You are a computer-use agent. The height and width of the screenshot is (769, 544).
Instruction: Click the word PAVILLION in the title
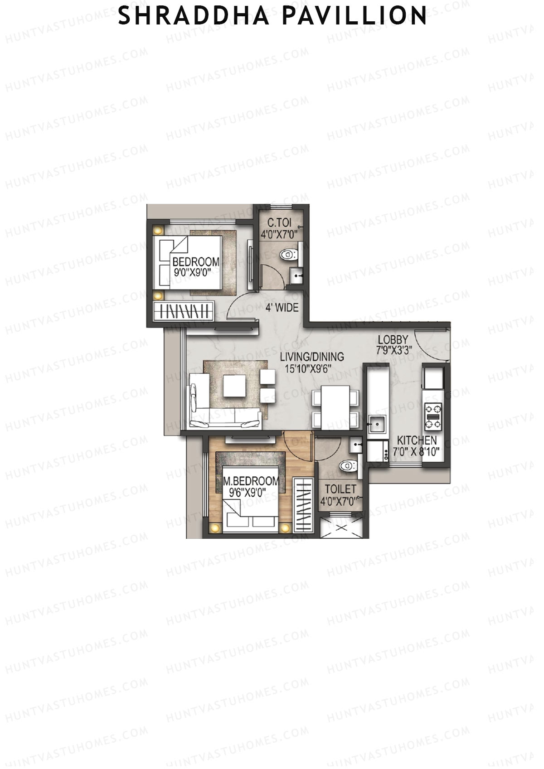[354, 16]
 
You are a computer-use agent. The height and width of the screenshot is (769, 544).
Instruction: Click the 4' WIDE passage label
[282, 308]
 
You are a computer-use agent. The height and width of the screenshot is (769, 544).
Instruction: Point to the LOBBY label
[393, 339]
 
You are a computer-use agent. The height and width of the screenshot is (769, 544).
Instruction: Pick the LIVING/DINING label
[311, 357]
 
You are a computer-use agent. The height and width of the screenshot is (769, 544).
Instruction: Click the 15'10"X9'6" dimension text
[308, 368]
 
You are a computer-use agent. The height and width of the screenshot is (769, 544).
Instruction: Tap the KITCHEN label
[417, 440]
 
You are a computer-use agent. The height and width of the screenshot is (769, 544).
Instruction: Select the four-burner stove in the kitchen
[433, 416]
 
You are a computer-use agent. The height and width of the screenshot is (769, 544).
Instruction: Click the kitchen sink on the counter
[376, 424]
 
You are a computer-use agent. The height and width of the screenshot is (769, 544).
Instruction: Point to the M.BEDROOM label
[251, 481]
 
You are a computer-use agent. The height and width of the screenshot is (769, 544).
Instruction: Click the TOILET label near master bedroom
[340, 489]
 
